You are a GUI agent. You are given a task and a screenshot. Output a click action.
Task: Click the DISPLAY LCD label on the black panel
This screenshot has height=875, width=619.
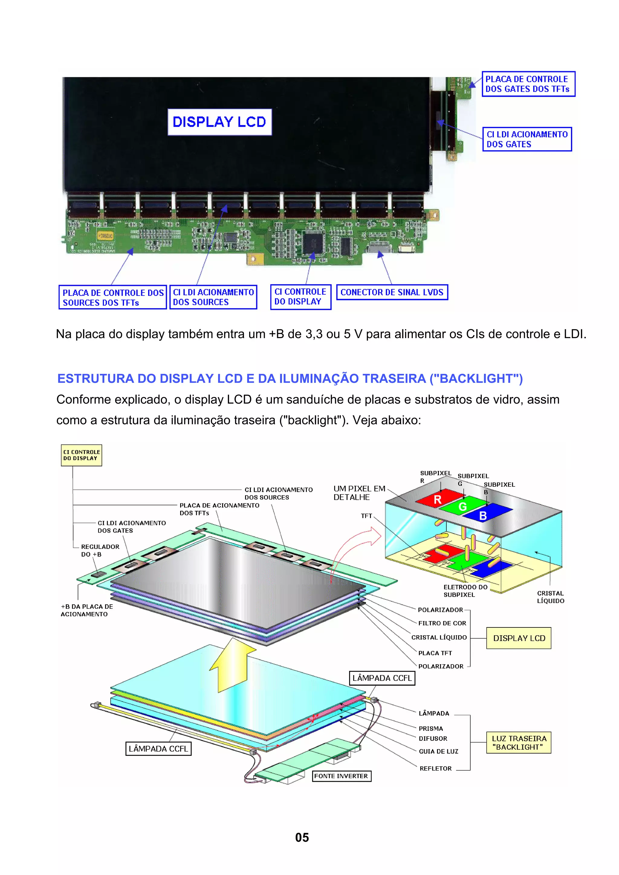tap(219, 122)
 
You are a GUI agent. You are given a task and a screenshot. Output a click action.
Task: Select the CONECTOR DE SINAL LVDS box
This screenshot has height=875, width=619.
tap(392, 292)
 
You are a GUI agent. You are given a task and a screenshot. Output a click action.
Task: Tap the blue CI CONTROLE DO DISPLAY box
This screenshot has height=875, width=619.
tap(300, 296)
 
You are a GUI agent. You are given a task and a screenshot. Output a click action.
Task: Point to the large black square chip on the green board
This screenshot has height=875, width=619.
tap(313, 243)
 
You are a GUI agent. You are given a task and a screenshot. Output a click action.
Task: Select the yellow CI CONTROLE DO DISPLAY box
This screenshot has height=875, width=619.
tap(81, 455)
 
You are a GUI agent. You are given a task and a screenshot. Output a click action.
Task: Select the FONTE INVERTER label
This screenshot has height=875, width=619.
tap(341, 776)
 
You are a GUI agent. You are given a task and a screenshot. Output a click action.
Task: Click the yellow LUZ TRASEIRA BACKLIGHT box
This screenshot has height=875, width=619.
tap(518, 742)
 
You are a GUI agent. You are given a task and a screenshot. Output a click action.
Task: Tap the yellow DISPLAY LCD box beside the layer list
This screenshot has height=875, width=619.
tap(518, 638)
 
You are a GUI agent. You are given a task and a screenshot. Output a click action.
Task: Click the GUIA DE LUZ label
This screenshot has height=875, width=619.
tap(438, 751)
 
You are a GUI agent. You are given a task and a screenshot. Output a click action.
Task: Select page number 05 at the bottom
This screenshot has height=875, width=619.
tap(302, 837)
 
